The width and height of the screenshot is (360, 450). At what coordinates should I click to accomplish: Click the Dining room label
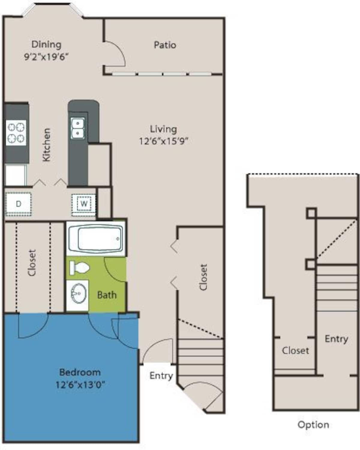tap(46, 44)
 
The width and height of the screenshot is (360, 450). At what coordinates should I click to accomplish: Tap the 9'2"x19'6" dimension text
tap(46, 57)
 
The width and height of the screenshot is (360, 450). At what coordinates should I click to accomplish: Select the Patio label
tap(165, 45)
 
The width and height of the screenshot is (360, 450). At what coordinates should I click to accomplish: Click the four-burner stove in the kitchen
tap(16, 133)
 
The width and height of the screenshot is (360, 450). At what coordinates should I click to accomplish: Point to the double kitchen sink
tap(78, 128)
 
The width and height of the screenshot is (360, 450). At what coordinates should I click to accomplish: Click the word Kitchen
tap(46, 145)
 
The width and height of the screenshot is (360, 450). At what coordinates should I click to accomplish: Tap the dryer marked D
tap(18, 204)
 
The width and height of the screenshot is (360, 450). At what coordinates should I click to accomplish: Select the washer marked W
tap(84, 204)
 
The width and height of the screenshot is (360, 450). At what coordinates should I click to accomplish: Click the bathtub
tap(95, 238)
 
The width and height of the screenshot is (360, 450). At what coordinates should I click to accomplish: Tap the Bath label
tap(106, 295)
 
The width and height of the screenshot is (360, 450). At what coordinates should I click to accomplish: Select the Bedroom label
tap(80, 372)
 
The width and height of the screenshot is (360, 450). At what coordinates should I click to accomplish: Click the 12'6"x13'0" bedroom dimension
tap(80, 385)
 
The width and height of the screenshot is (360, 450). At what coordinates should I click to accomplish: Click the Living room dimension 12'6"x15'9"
tap(163, 141)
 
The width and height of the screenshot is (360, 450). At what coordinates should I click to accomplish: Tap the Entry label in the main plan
tap(161, 376)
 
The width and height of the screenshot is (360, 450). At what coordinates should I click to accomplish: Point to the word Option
tap(313, 424)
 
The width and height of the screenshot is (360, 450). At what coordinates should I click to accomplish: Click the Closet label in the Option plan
tap(295, 350)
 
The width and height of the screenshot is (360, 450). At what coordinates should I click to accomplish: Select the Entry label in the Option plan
tap(336, 339)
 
